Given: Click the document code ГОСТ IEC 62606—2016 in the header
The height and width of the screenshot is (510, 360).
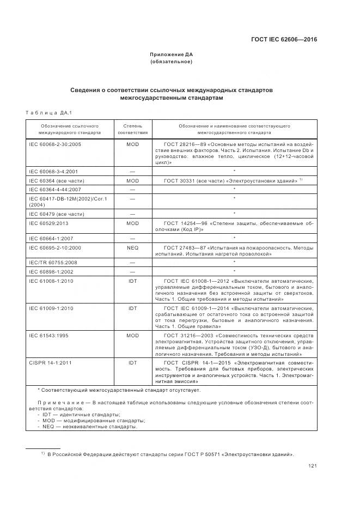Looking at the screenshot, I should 284,39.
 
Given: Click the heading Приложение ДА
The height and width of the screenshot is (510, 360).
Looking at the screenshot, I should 172,54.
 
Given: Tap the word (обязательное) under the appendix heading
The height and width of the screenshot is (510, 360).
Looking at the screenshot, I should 172,62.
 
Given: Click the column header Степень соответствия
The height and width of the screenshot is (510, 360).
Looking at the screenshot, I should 132,129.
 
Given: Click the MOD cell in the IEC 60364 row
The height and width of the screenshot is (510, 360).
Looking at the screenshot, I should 132,180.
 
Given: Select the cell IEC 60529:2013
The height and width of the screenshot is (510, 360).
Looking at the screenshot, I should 51,223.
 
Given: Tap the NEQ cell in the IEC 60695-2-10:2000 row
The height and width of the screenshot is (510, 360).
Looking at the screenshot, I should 132,247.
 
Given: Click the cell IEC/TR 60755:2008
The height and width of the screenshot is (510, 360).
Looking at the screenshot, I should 52,262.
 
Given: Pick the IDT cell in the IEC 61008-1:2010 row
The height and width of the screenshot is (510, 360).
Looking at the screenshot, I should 132,281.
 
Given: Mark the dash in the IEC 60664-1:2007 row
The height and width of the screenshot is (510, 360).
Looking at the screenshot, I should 132,238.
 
